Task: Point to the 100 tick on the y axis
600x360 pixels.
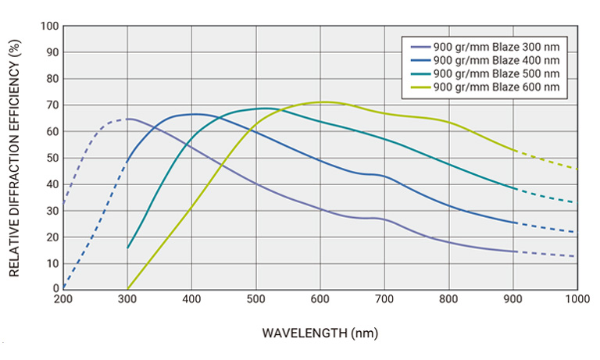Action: (x=50, y=26)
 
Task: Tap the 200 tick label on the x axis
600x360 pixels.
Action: (x=63, y=299)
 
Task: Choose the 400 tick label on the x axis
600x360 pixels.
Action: (x=191, y=299)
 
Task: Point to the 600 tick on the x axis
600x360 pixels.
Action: (x=320, y=299)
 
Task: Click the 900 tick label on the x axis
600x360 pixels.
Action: (x=512, y=299)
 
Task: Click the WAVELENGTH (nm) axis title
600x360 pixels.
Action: (x=320, y=333)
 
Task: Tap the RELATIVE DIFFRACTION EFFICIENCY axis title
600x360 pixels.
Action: (x=15, y=157)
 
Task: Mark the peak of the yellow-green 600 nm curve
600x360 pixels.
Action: (x=322, y=102)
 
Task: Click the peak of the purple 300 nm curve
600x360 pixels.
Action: (x=129, y=119)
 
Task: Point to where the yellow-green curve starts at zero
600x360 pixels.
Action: (x=127, y=289)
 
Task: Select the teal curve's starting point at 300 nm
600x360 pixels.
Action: (x=127, y=248)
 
